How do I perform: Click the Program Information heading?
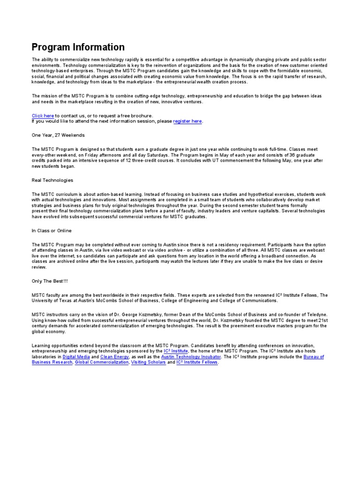[78, 47]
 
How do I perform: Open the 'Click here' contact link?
[43, 115]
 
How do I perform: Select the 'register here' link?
[187, 121]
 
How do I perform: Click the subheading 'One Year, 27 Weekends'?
[58, 135]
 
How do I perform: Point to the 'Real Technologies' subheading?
[52, 180]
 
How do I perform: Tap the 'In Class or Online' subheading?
[52, 231]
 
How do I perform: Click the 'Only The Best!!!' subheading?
[50, 281]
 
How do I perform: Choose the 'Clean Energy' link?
[114, 357]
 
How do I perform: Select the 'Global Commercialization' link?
[102, 362]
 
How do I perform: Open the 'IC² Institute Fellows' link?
[197, 362]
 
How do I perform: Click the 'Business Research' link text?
[52, 362]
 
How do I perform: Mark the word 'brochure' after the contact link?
[141, 115]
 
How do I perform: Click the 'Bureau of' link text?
[314, 357]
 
